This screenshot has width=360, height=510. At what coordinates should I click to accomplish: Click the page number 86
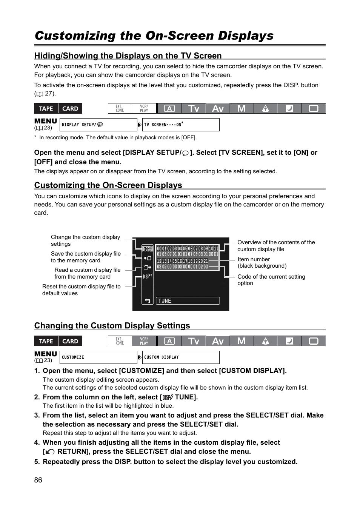pos(38,480)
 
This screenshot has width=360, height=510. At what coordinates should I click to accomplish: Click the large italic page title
pos(154,35)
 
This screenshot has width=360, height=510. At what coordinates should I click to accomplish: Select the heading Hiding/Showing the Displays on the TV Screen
pos(128,55)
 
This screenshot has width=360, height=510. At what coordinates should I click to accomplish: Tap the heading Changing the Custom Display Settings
pos(112,325)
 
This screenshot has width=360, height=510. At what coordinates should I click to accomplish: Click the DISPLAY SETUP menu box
pos(99,125)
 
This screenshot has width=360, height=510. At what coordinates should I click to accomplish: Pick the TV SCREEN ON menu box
pos(181,125)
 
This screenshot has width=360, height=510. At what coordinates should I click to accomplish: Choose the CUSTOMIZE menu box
pos(99,357)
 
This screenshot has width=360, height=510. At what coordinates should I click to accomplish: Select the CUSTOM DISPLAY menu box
pos(181,357)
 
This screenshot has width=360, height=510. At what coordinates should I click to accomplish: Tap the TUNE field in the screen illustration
pos(188,301)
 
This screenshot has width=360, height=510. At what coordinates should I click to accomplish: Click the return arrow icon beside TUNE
pos(147,301)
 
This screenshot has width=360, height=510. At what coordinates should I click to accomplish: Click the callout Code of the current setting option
pos(271,280)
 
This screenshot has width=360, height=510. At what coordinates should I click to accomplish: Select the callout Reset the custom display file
pos(81,290)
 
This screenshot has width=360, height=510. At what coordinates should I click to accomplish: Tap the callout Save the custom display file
pos(86,257)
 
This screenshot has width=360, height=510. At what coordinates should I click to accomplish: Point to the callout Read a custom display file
pos(87,273)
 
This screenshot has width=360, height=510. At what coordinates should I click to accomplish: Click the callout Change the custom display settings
pos(85,240)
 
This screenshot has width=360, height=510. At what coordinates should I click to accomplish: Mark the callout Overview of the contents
pos(276,246)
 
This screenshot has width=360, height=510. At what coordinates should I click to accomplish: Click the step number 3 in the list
pos(37,415)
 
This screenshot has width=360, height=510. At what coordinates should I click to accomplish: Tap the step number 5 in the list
pos(37,462)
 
